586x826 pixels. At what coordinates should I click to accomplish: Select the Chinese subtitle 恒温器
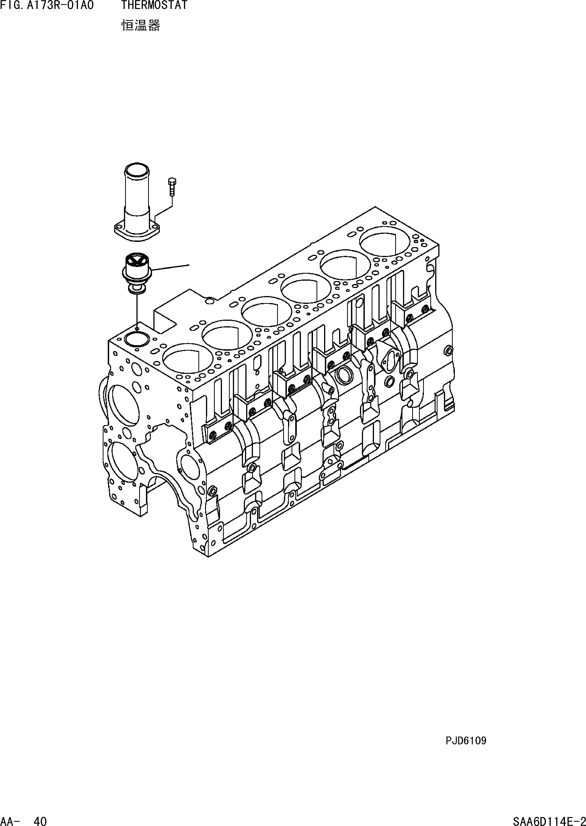140,26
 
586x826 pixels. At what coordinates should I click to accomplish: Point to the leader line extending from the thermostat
171,267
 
